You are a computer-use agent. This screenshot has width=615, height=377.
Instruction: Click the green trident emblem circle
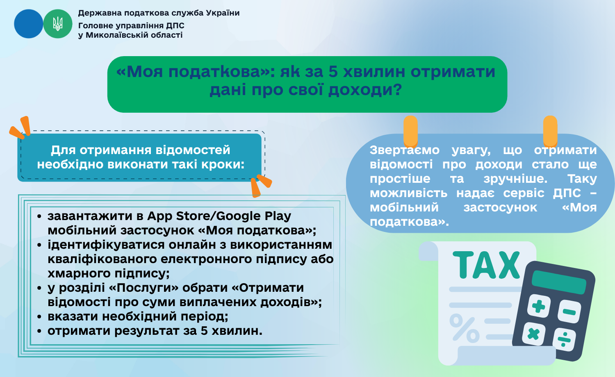click(58, 24)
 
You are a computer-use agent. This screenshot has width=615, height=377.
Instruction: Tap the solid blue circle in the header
click(29, 24)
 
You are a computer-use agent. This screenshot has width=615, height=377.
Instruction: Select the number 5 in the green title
click(333, 72)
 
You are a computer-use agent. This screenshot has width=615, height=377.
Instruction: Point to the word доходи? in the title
click(365, 90)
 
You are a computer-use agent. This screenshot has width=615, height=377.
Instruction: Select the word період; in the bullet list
click(204, 317)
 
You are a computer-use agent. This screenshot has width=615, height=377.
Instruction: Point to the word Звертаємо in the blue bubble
click(405, 150)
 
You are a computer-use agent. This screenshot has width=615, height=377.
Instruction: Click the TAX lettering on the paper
click(486, 265)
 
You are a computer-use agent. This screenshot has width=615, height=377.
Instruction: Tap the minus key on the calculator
click(569, 311)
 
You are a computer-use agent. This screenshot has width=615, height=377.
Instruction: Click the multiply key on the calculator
click(533, 334)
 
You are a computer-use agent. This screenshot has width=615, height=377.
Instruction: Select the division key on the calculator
click(564, 340)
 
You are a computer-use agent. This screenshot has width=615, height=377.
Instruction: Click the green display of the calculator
click(559, 282)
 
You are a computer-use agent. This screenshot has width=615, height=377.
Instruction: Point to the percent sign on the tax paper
click(464, 328)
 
